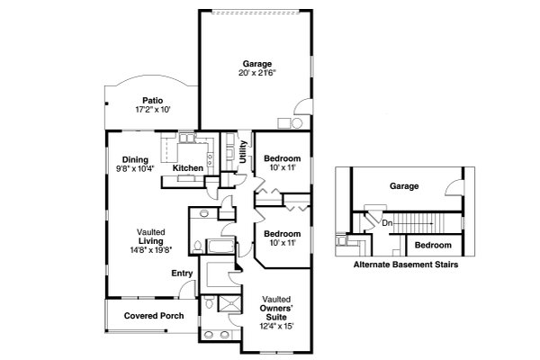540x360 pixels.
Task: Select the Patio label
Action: [x=150, y=100]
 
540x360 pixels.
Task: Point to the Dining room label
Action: [x=136, y=159]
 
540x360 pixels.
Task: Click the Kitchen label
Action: [x=188, y=168]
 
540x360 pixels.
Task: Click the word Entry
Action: [x=182, y=273]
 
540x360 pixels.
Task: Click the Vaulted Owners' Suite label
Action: [x=276, y=308]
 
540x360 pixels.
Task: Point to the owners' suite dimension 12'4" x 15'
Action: [x=276, y=327]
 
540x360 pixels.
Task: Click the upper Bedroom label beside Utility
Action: [x=281, y=159]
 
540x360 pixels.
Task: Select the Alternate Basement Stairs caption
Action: [x=406, y=265]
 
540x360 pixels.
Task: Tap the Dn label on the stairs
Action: [x=386, y=222]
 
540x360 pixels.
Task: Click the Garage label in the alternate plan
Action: [x=405, y=187]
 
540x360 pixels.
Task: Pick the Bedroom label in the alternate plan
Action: [x=433, y=245]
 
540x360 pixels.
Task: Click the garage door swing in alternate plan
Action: [x=455, y=188]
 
